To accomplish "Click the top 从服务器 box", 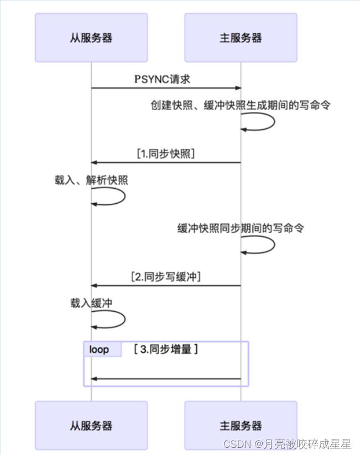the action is point(91,38).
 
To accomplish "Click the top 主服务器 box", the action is point(241,38).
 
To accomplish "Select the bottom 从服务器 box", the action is point(91,426).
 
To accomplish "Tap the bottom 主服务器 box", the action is point(241,426).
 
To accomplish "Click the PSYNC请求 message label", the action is point(162,79).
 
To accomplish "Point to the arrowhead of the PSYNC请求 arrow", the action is point(239,88).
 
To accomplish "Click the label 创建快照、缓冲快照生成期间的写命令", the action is point(241,105).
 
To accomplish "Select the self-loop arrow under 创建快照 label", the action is point(258,122).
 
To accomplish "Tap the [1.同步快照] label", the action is point(166,154).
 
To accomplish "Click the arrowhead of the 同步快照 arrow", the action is point(93,163).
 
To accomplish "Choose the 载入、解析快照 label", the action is point(91,180).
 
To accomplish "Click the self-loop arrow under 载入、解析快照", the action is point(108,196).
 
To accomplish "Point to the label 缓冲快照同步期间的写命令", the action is point(241,229).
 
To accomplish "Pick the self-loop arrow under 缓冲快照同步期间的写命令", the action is point(258,245).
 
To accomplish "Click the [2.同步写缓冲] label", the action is point(166,277).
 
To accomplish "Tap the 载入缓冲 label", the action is point(91,303).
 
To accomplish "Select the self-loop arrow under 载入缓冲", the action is point(108,319).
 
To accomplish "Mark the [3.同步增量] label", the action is point(166,349).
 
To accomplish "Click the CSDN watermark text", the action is point(287,444).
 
